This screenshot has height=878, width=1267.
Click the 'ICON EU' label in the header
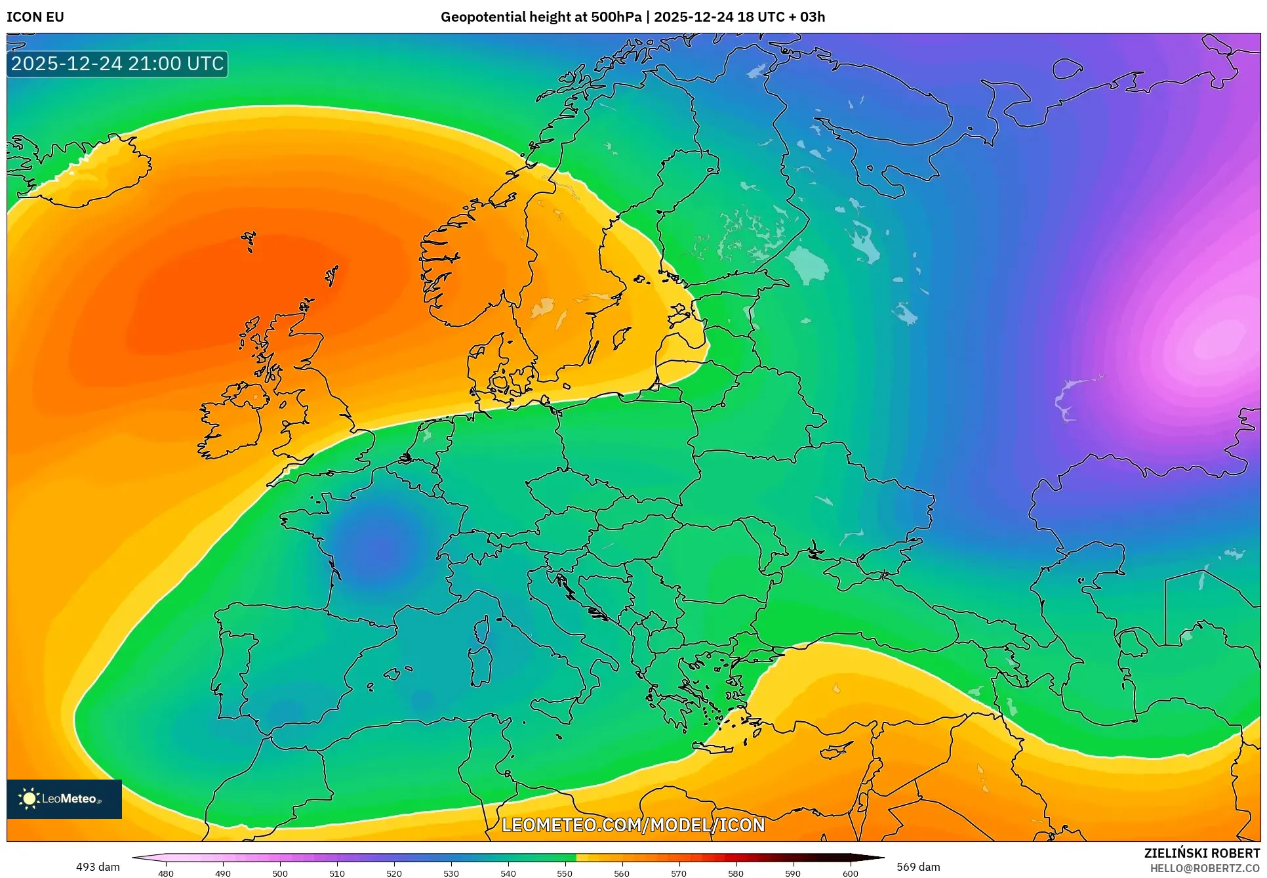35,17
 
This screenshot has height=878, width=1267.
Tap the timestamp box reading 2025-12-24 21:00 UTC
117,64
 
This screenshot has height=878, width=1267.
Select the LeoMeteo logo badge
64,799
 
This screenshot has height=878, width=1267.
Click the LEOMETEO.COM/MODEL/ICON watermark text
633,825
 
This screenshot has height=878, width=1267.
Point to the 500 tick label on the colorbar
280,873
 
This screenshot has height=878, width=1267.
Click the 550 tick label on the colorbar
565,873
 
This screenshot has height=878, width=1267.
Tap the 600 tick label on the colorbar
850,873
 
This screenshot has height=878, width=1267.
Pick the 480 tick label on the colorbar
166,873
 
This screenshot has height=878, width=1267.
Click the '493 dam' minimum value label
98,867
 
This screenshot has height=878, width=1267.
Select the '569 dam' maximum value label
918,867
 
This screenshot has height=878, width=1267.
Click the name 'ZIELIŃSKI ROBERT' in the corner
1202,853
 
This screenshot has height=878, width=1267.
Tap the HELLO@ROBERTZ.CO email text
1205,868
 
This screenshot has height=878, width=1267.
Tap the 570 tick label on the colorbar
679,873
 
